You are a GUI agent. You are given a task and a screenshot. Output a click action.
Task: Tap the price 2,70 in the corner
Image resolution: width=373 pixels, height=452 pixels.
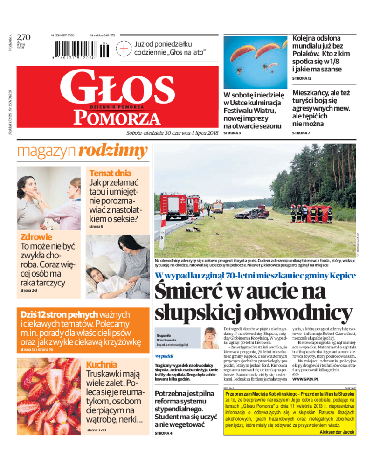(23, 37)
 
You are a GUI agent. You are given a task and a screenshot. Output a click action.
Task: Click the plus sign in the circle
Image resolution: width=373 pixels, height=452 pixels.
(124, 48)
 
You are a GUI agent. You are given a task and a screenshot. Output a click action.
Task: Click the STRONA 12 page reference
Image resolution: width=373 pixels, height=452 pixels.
(302, 78)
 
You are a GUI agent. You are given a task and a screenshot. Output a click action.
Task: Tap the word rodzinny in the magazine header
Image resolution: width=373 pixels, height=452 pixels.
(113, 151)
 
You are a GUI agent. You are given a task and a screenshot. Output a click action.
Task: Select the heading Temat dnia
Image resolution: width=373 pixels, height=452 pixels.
(110, 173)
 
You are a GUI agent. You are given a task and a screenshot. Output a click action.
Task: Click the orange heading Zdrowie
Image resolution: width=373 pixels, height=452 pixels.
(36, 237)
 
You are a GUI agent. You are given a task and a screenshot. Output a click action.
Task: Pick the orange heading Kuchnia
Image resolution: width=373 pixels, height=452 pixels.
(101, 364)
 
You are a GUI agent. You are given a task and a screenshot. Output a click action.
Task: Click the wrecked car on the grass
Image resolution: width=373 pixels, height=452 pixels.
(252, 214)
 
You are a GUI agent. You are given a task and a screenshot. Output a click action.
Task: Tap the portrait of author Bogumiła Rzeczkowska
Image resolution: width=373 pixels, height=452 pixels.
(210, 338)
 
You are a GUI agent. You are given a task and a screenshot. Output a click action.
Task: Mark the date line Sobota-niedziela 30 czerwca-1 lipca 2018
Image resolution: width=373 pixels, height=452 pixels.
(172, 133)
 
